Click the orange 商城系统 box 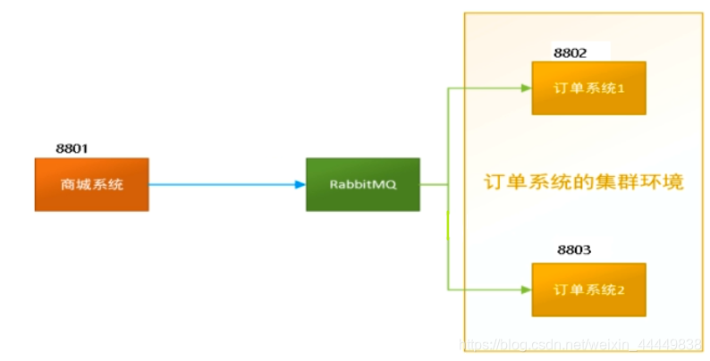91,185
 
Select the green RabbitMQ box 363,185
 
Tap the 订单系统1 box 588,88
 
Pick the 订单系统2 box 588,290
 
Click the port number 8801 72,148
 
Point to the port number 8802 571,53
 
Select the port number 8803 574,249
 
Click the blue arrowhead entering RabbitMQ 300,185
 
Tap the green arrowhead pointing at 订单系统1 526,88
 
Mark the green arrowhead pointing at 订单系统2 526,290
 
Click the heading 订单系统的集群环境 583,182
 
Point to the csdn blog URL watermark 580,345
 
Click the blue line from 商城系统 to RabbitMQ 222,185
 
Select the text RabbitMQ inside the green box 363,185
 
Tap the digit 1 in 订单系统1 621,88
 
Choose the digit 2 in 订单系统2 621,290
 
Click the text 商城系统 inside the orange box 92,185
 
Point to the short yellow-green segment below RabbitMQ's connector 448,225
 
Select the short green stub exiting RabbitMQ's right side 434,185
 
